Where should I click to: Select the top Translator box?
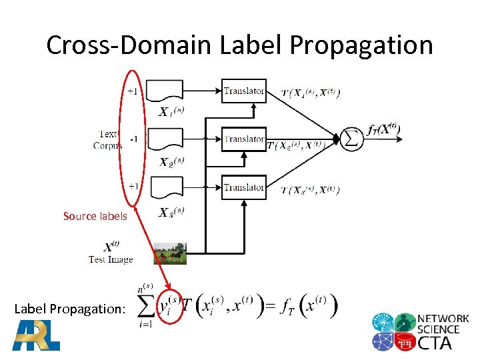click(x=244, y=91)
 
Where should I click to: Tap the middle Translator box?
click(x=244, y=139)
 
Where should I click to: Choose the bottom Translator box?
click(x=244, y=187)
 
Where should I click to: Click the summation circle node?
click(x=352, y=139)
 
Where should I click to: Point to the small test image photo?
click(x=170, y=254)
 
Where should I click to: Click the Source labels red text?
click(x=95, y=216)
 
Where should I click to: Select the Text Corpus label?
click(x=107, y=140)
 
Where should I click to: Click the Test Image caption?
click(x=111, y=259)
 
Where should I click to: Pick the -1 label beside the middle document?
click(x=134, y=139)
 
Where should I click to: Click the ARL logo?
click(x=36, y=335)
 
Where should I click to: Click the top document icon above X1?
click(x=164, y=91)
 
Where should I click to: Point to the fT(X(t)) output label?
click(x=383, y=131)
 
